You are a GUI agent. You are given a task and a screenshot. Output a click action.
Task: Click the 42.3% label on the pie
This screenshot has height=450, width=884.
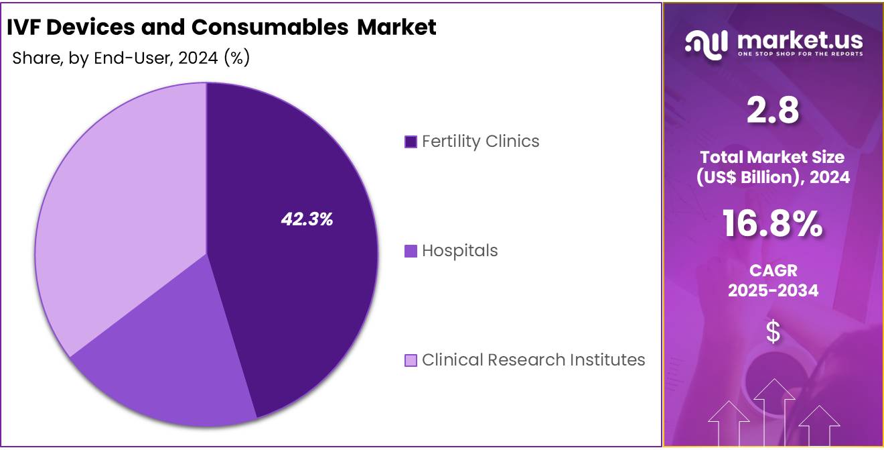[307, 219]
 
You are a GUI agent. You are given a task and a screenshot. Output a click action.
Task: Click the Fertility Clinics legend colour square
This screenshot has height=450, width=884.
[411, 142]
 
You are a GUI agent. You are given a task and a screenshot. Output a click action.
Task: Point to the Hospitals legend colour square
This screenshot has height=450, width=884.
[411, 251]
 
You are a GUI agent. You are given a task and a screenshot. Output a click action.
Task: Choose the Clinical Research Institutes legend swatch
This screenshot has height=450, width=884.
[411, 360]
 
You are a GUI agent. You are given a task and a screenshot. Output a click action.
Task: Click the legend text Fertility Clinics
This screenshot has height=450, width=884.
[480, 142]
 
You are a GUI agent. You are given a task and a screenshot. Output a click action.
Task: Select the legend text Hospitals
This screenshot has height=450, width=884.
[459, 251]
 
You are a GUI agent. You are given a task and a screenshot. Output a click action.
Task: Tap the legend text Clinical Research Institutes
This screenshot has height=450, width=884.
[533, 360]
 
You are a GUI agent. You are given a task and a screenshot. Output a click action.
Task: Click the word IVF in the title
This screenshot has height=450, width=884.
[25, 27]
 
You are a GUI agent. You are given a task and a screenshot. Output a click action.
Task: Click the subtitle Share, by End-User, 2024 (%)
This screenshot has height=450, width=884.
[131, 58]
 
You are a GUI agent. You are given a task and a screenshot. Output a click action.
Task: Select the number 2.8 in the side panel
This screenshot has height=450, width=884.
[773, 111]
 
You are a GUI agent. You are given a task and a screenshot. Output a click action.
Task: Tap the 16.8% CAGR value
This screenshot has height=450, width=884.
[773, 224]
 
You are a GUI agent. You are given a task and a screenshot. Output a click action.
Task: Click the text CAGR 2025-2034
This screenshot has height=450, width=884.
[773, 281]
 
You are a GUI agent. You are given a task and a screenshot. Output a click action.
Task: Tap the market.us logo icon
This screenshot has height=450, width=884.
[706, 44]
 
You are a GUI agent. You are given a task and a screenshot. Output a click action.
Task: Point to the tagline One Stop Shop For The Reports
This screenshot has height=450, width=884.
[800, 54]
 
